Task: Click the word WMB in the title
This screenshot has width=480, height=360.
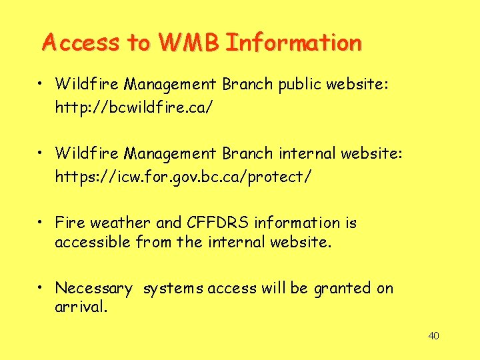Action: (188, 43)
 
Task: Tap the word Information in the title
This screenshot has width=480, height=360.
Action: (293, 43)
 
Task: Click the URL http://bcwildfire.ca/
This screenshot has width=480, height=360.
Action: (134, 107)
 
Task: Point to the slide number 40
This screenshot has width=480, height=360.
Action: (433, 335)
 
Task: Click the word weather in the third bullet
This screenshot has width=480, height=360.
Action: (120, 223)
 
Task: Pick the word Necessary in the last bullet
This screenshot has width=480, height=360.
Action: (94, 289)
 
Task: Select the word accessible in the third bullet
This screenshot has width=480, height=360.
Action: (93, 242)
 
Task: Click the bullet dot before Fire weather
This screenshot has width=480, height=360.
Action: (41, 222)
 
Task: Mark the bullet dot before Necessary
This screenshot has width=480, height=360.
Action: (41, 288)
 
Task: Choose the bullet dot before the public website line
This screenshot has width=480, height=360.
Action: (41, 84)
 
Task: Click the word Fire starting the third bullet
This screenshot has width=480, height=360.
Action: (69, 223)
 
